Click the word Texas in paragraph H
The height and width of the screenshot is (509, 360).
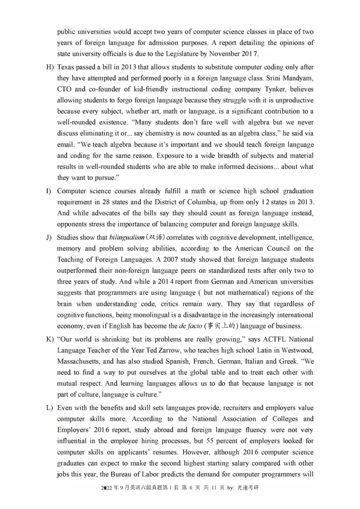pos(66,67)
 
